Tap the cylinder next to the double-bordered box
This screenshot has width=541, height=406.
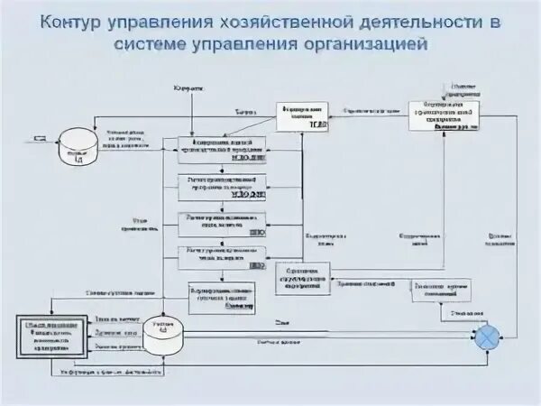point(163,332)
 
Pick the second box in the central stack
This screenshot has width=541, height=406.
point(222,186)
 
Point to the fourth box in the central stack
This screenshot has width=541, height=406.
point(222,256)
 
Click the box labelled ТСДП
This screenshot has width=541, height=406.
point(302,116)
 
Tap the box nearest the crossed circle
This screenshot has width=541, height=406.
point(441,291)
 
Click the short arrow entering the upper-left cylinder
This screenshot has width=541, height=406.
point(42,137)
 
